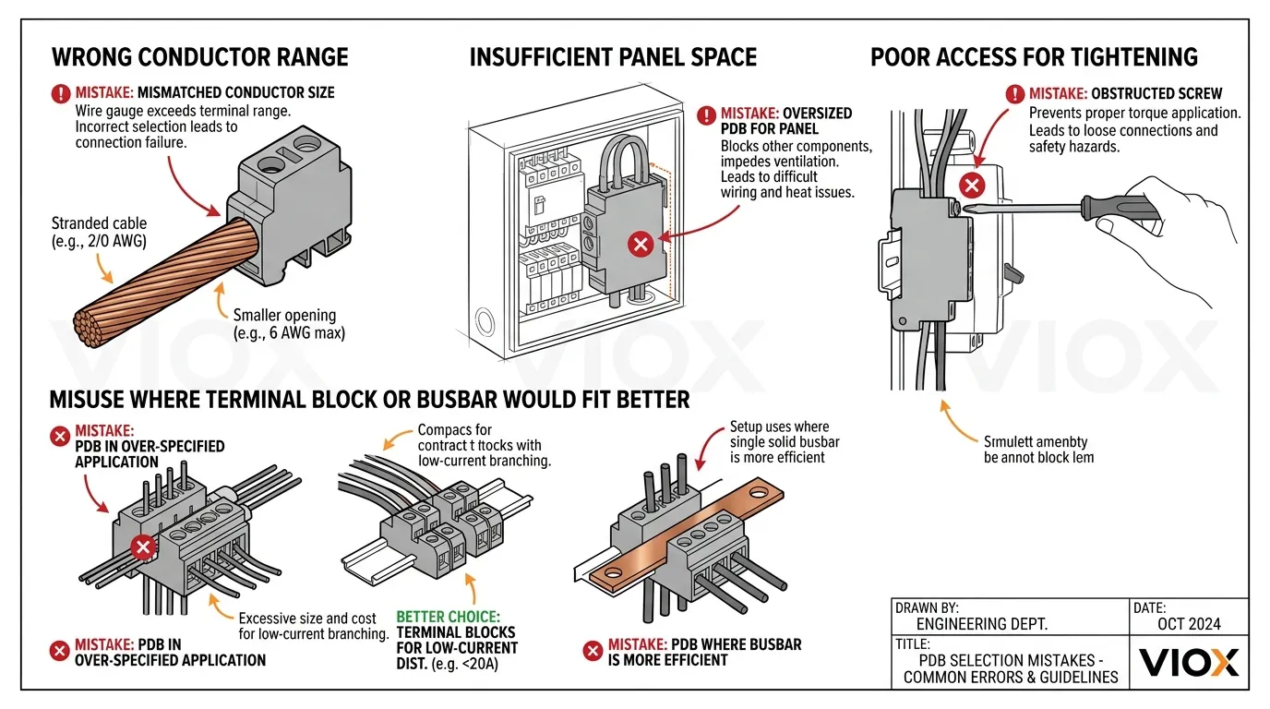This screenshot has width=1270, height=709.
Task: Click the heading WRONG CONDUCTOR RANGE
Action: pos(199,57)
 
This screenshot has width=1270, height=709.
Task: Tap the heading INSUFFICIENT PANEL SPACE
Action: pos(613,57)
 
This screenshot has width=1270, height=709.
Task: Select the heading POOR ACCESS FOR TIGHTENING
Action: pos(1034,57)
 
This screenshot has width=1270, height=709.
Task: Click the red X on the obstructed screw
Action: pos(971,186)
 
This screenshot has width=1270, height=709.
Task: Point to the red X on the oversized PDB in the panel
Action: pos(640,245)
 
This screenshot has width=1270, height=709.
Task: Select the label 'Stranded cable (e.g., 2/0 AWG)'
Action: pos(99,233)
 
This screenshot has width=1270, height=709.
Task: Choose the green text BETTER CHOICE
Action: pos(448,617)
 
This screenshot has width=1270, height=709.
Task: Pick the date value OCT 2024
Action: pos(1189,624)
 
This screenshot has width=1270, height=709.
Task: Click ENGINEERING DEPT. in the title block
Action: pos(981,624)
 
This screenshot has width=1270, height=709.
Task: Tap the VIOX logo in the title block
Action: pos(1189,662)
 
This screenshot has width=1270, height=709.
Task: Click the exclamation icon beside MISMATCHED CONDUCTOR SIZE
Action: pos(61,92)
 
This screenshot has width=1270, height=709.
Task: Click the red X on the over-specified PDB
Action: pos(142,548)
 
